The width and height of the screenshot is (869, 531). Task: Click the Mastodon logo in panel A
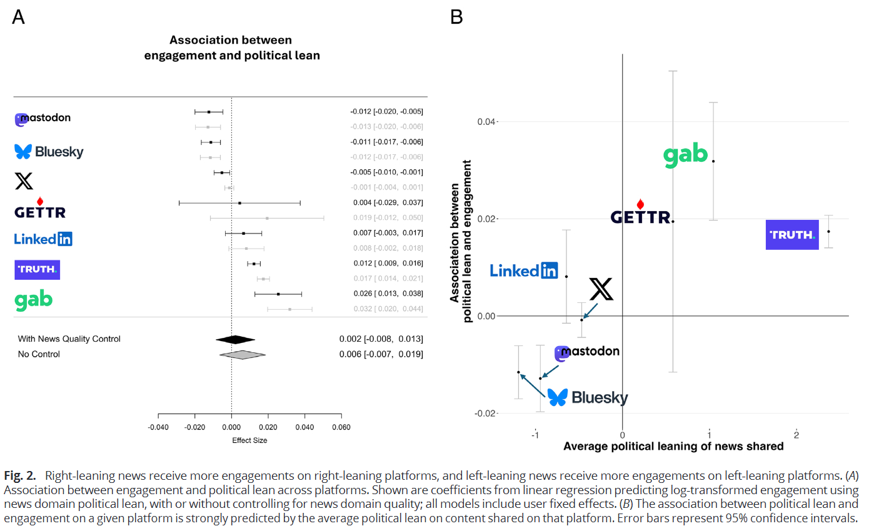click(x=43, y=119)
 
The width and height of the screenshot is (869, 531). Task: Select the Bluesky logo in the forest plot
click(x=49, y=151)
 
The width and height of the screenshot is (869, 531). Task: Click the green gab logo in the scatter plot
click(x=685, y=155)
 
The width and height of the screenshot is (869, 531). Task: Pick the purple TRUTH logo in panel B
click(x=791, y=235)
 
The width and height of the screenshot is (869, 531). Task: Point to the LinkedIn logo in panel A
click(x=43, y=239)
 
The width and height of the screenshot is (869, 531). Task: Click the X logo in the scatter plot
click(x=601, y=289)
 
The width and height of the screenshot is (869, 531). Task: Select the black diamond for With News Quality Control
click(x=235, y=339)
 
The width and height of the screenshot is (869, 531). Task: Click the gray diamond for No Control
click(x=243, y=354)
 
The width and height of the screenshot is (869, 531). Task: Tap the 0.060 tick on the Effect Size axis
click(x=341, y=428)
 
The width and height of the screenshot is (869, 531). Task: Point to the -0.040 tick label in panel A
click(x=158, y=428)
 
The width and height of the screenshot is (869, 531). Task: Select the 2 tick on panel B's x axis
click(x=796, y=435)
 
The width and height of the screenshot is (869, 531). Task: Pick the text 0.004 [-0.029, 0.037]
click(x=386, y=202)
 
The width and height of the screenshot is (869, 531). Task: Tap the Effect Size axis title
click(x=249, y=440)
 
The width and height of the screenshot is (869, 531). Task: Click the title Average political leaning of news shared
click(x=673, y=447)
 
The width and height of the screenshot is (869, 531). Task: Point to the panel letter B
click(x=456, y=17)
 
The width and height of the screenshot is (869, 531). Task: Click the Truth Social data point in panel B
click(x=828, y=232)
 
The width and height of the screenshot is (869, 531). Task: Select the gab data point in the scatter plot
click(x=713, y=161)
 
